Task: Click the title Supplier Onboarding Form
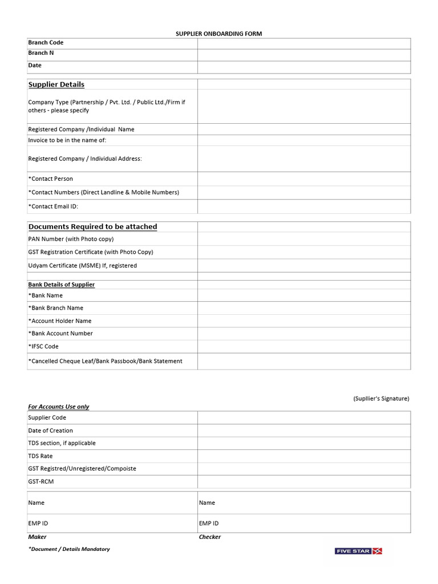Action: tap(218, 34)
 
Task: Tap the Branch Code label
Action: tap(46, 43)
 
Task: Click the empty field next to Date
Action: tap(303, 67)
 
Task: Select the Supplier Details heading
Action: tap(56, 84)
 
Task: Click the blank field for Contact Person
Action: tap(303, 179)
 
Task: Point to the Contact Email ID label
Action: tap(53, 206)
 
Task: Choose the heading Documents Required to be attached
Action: tap(92, 226)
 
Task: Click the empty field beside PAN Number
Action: tap(303, 239)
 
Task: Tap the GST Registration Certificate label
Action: tap(91, 252)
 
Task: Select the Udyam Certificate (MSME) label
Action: tap(83, 265)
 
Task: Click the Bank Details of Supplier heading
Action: tap(62, 285)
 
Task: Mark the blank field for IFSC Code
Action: tap(303, 346)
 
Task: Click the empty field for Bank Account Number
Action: tap(303, 334)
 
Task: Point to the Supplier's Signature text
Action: tap(381, 399)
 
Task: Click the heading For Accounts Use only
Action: tap(59, 407)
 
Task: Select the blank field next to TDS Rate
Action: tap(303, 456)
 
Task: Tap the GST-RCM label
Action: tap(41, 481)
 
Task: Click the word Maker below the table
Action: tap(38, 537)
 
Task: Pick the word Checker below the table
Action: tap(210, 537)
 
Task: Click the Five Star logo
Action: tap(358, 551)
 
